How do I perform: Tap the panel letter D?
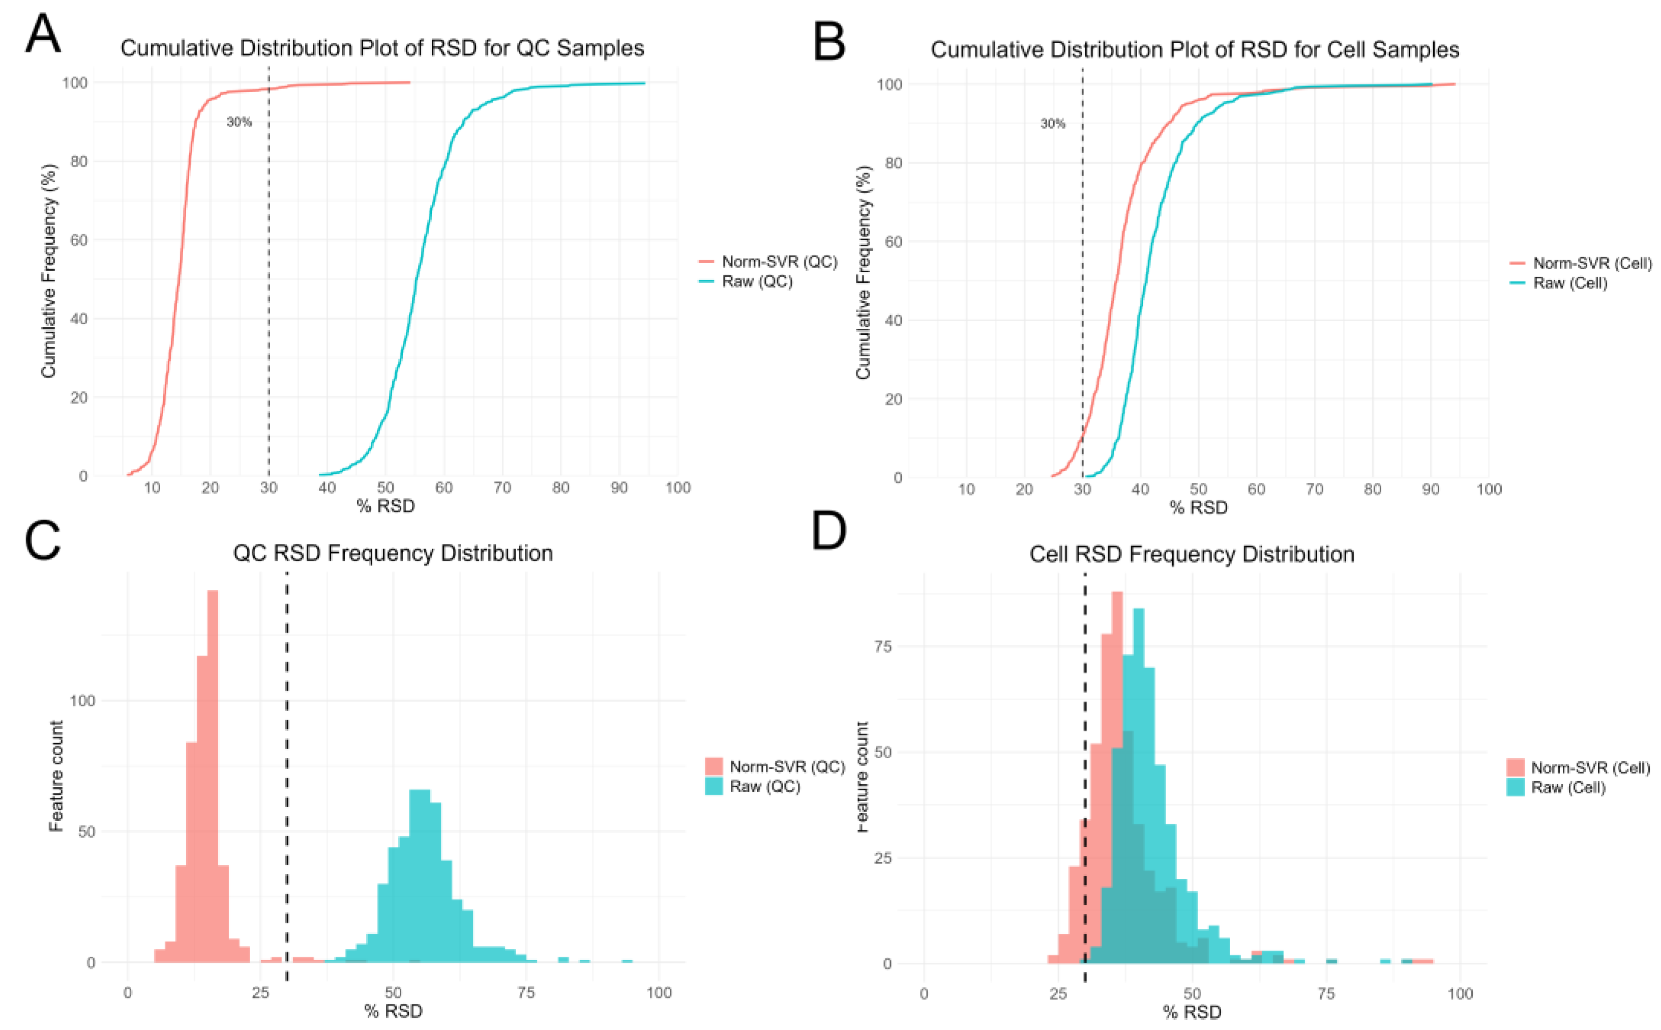click(828, 531)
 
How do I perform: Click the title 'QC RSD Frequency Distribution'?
click(393, 553)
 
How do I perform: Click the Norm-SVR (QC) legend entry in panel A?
click(779, 262)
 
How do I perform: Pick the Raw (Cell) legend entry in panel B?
click(1570, 283)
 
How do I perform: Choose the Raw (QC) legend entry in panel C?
click(764, 786)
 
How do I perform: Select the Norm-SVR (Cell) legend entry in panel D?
click(1590, 768)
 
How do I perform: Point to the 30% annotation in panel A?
click(239, 122)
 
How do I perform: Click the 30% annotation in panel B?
click(1052, 123)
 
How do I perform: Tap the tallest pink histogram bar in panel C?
click(213, 777)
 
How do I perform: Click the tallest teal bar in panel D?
click(1138, 783)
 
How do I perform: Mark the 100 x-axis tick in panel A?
click(677, 488)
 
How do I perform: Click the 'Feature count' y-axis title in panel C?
click(56, 777)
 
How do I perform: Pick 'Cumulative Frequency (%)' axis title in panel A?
click(48, 271)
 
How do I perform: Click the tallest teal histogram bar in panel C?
click(420, 875)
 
